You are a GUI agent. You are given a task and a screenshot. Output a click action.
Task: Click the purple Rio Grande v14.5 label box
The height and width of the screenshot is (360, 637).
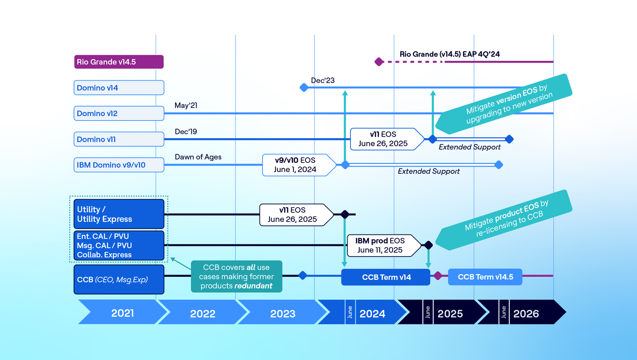point(119,62)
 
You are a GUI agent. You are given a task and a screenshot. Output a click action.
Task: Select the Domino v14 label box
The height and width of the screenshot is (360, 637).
point(119,88)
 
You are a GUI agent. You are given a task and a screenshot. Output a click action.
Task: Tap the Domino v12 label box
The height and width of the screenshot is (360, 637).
point(119,113)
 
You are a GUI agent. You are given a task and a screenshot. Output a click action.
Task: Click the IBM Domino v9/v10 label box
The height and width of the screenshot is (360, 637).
point(119,165)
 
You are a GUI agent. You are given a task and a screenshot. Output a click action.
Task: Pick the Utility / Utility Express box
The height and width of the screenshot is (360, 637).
point(119,214)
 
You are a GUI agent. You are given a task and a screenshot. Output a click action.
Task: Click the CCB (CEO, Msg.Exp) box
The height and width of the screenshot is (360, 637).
point(119,279)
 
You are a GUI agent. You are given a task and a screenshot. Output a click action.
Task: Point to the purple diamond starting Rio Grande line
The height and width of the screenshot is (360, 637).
point(379,62)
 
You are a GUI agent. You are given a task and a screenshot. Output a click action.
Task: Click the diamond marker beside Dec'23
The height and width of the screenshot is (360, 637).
point(304,88)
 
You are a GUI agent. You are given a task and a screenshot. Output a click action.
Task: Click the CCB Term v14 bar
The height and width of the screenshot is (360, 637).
point(386,277)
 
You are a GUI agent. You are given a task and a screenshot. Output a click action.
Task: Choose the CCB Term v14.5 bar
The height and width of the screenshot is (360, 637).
point(485,277)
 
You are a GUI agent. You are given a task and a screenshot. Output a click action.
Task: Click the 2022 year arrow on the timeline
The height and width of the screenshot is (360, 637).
point(203,313)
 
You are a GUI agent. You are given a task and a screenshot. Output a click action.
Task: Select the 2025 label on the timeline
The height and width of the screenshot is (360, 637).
point(450,313)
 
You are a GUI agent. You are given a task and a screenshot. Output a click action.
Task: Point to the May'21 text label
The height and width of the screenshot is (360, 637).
point(186,105)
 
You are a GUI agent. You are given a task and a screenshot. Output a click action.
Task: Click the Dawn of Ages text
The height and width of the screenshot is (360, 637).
point(198,157)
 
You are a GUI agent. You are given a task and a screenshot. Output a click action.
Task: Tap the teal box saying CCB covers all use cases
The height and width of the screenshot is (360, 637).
point(236,276)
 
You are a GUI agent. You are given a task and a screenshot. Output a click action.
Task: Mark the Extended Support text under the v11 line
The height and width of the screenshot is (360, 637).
point(469,147)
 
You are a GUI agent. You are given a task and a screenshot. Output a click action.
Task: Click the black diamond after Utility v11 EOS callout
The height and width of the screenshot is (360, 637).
point(345,214)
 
